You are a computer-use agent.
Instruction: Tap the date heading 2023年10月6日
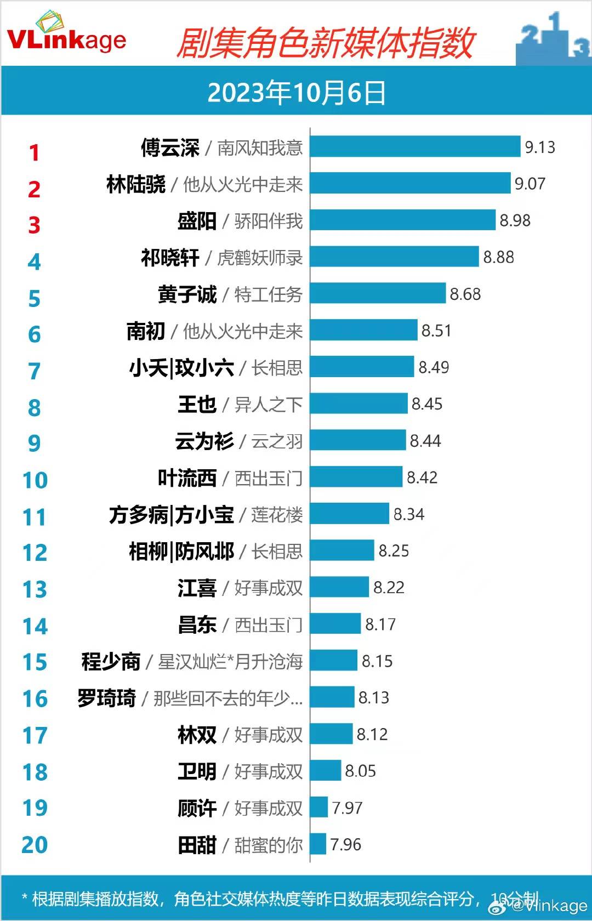click(x=296, y=92)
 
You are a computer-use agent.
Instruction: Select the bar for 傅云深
click(x=415, y=147)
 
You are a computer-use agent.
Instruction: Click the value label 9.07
click(x=530, y=184)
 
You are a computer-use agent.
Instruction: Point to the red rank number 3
click(x=34, y=225)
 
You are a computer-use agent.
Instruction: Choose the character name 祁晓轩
click(x=170, y=258)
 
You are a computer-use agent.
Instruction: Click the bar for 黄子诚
click(x=378, y=294)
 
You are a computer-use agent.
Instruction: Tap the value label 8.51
click(x=436, y=331)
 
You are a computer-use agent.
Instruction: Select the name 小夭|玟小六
click(x=181, y=368)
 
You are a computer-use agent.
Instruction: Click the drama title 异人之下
click(x=269, y=405)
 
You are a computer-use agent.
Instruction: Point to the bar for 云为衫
click(x=358, y=441)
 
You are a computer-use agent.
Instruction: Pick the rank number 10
click(x=35, y=480)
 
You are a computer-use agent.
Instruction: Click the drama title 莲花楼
click(x=277, y=515)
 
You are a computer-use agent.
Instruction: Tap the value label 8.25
click(x=394, y=551)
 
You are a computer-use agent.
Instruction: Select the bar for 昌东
click(x=335, y=624)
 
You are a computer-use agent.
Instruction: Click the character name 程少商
click(x=111, y=662)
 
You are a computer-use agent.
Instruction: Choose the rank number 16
click(x=35, y=698)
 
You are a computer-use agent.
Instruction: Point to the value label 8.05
click(x=360, y=771)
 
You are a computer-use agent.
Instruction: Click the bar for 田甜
click(x=318, y=844)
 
